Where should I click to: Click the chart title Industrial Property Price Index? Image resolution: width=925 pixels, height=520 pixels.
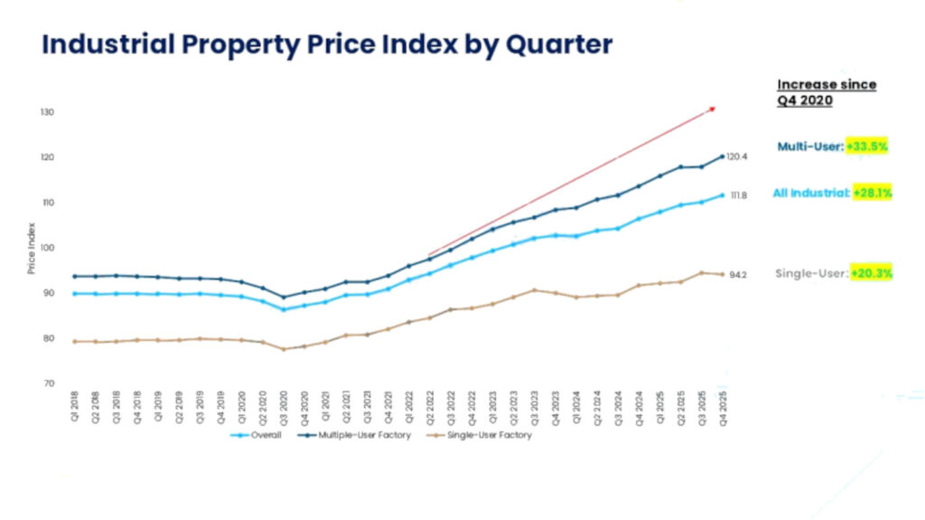point(327,45)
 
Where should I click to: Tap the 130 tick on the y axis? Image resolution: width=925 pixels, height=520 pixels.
point(46,112)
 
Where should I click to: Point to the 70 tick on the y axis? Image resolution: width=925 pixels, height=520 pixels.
point(48,383)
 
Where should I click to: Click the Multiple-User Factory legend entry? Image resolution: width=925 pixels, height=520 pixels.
point(358,435)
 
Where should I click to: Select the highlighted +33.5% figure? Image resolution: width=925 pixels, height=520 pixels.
point(868,146)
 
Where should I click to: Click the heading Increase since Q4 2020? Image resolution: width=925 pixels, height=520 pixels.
point(827,92)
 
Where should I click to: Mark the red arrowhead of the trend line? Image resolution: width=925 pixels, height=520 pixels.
point(712,109)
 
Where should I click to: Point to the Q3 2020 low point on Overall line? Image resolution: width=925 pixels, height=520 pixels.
point(283,309)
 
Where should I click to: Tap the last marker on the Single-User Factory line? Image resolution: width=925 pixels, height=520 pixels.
point(722,274)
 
